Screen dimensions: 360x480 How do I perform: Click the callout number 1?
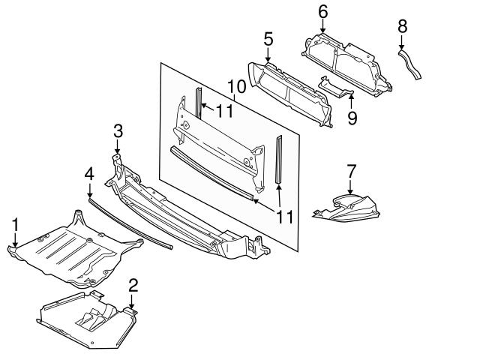pos(15,224)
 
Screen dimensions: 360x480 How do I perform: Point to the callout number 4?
pos(88,173)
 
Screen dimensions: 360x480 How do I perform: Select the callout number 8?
pos(402,25)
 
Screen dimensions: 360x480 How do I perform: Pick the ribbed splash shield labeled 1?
pos(71,251)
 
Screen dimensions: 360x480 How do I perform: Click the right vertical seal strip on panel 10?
pos(280,159)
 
